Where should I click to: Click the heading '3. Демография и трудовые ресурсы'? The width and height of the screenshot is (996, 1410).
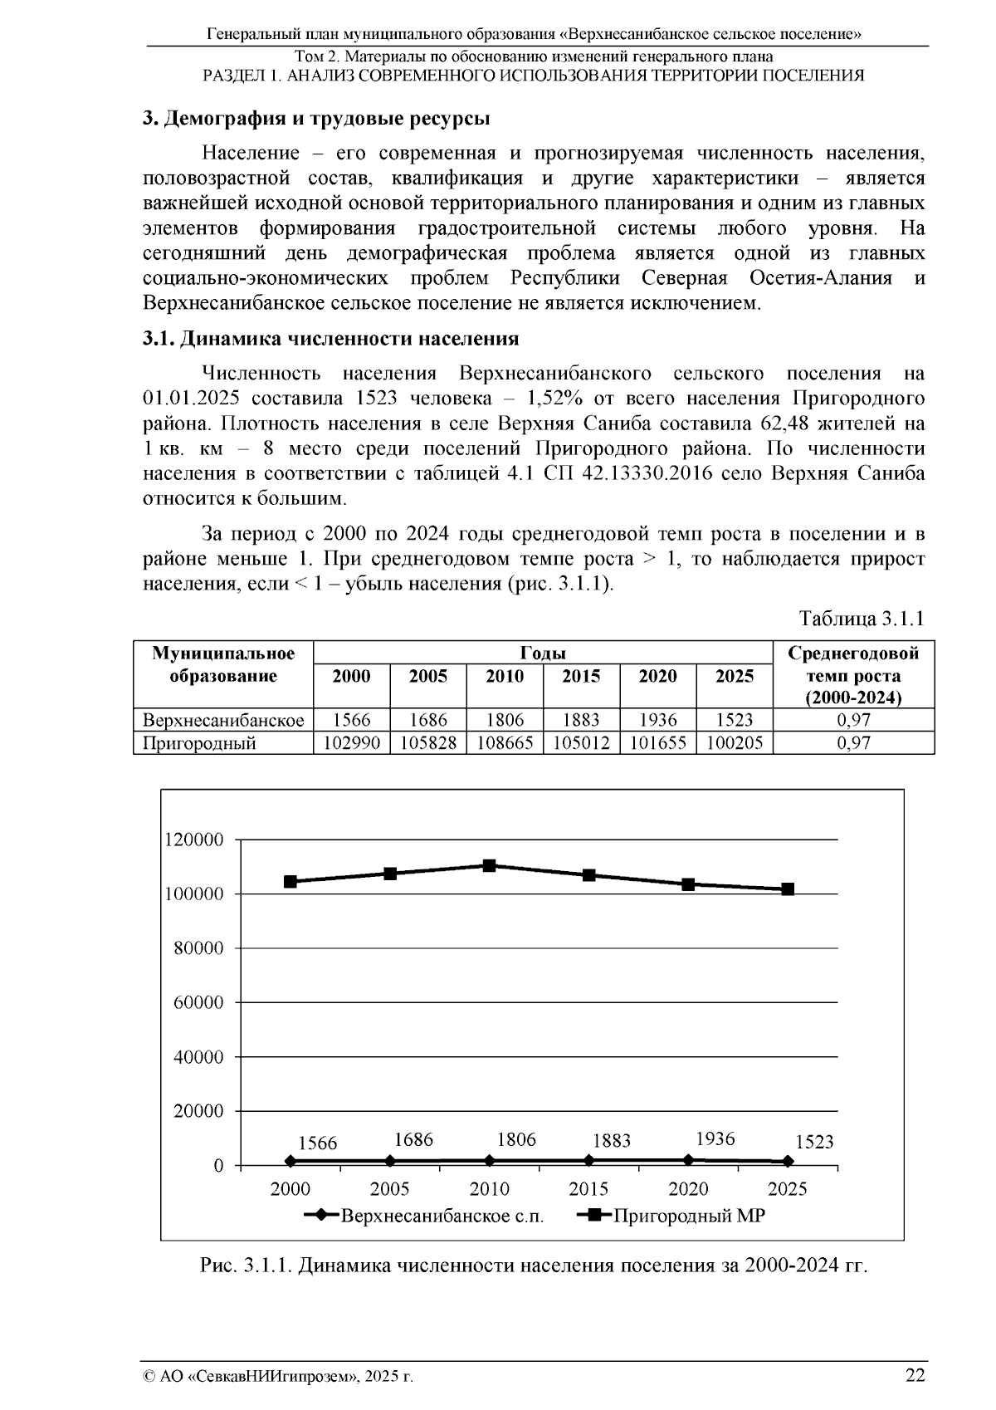316,119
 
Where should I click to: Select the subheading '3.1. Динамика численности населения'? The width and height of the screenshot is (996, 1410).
330,339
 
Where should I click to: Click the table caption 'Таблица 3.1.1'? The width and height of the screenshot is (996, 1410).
862,619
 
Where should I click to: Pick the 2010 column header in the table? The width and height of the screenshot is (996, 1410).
505,676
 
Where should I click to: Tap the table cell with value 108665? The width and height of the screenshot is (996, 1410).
505,743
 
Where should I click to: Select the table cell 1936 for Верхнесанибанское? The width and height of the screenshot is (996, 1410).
657,720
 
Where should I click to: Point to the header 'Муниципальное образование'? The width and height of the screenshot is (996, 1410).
223,664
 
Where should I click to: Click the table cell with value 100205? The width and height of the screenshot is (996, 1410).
735,743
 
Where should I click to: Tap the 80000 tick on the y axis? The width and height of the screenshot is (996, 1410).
198,948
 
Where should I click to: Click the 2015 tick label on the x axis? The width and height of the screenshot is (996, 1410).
588,1189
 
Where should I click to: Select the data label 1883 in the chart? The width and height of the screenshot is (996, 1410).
612,1141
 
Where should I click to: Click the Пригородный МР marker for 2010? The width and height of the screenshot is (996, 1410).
490,865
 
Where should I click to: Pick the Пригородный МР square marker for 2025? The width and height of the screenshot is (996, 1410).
788,889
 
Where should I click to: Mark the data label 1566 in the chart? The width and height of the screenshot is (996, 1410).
318,1143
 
